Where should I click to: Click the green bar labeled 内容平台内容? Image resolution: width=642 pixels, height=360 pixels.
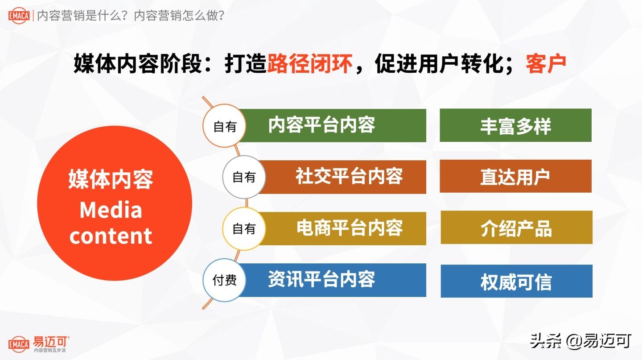tap(332, 125)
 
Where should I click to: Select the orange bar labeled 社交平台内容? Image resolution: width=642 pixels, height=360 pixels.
tap(346, 177)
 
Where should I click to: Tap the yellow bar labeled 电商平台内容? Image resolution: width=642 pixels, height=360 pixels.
tap(346, 228)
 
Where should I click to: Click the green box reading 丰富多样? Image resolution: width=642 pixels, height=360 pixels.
tap(515, 125)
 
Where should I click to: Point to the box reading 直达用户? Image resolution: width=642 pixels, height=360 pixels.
tap(515, 177)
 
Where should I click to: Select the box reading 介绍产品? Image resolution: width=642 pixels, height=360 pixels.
tap(516, 228)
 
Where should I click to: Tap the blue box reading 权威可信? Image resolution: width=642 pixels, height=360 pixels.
tap(516, 281)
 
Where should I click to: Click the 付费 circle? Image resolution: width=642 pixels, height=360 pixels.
tap(224, 281)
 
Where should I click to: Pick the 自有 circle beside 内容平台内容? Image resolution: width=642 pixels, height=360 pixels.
tap(224, 127)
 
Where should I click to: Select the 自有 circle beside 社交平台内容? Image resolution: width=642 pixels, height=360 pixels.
tap(244, 178)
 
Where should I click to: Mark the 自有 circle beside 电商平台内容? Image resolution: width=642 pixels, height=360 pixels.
tap(244, 229)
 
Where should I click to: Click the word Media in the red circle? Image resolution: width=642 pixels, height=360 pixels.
tap(111, 210)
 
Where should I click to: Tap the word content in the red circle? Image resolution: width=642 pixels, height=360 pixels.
tap(111, 236)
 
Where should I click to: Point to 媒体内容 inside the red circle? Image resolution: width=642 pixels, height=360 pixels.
tap(111, 179)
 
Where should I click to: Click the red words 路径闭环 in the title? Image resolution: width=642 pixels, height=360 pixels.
tap(310, 64)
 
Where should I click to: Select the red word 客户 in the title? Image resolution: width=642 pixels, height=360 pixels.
tap(546, 64)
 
